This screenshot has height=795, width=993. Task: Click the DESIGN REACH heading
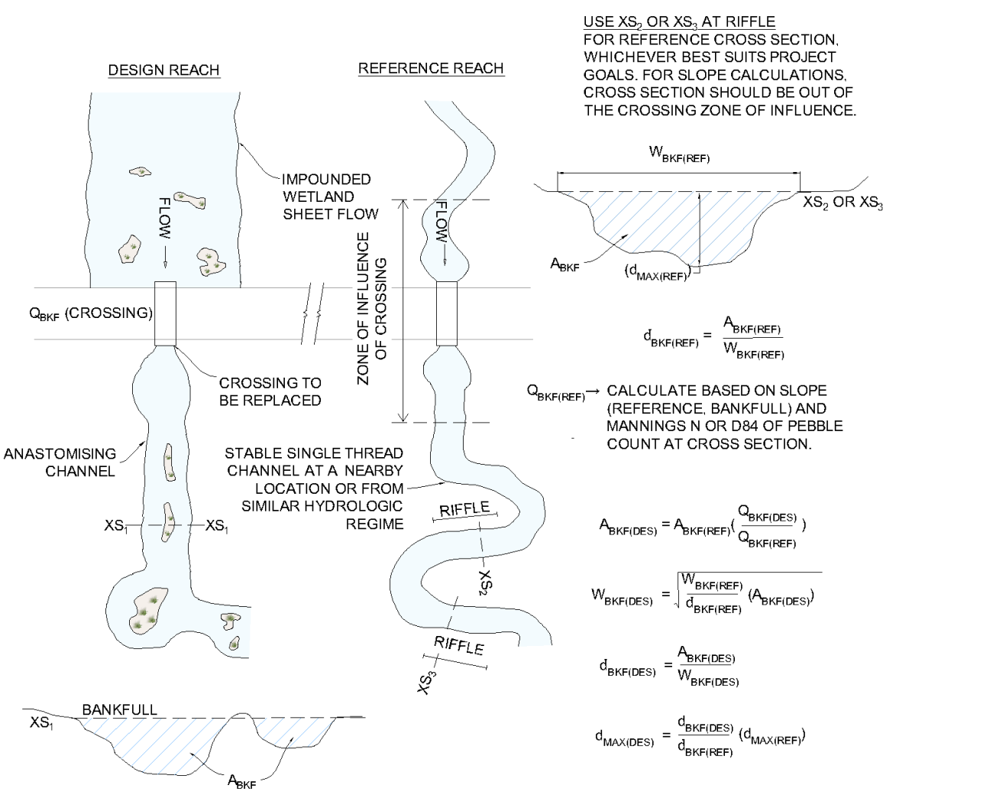tap(163, 70)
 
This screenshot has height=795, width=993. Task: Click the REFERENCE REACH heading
tap(431, 68)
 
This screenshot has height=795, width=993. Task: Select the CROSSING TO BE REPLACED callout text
tap(270, 391)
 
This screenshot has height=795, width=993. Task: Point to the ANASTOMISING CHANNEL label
tap(61, 462)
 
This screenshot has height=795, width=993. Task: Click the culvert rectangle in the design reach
tap(165, 313)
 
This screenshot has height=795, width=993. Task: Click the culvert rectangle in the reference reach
tap(447, 313)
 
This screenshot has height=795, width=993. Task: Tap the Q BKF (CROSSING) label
tap(91, 313)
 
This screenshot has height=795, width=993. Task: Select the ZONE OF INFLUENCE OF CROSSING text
tap(372, 308)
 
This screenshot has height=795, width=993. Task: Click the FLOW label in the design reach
tap(165, 218)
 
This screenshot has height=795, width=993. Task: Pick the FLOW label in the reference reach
tap(442, 222)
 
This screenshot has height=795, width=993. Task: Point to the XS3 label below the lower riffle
tap(427, 682)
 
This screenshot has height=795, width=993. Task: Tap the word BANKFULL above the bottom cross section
tap(119, 709)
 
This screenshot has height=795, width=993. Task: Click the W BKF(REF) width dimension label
tap(679, 154)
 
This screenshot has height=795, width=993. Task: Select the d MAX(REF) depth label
tap(657, 272)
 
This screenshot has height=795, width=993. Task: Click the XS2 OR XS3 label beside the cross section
tap(843, 203)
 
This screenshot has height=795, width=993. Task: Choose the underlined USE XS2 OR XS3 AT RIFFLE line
tap(679, 22)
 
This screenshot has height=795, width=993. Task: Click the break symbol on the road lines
tap(312, 313)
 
